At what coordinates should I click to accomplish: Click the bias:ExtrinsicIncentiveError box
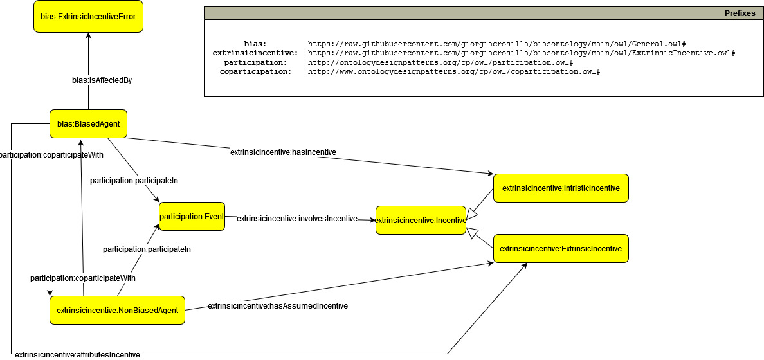[88, 16]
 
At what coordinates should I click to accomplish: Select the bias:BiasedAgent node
[88, 123]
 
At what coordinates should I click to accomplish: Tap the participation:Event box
[192, 217]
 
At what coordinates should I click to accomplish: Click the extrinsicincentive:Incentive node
[421, 220]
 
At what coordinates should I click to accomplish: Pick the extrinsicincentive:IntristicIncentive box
[560, 188]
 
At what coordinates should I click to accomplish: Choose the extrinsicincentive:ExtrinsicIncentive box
[560, 248]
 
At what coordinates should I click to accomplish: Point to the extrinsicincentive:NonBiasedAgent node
[117, 310]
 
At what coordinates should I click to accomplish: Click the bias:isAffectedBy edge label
[102, 80]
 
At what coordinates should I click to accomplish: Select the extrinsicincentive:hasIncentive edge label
[283, 152]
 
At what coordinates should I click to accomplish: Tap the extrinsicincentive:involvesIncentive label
[296, 219]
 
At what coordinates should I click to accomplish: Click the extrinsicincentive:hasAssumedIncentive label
[277, 306]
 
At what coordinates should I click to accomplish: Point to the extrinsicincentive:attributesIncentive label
[77, 354]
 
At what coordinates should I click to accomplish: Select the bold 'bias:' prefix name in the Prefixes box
[255, 44]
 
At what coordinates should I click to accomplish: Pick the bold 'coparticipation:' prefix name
[255, 72]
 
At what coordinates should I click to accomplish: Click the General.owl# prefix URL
[498, 44]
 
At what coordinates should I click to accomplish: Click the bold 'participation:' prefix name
[255, 62]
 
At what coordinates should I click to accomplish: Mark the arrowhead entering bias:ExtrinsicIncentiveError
[88, 37]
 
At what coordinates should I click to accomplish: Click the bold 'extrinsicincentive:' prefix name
[255, 53]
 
